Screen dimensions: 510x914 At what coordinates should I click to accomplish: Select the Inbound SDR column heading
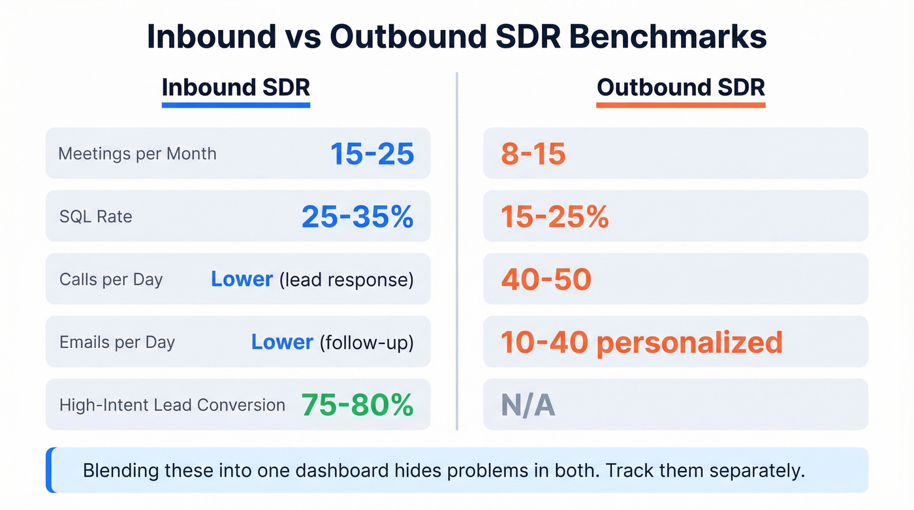tap(236, 88)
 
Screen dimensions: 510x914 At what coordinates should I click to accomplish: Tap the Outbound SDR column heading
tap(680, 88)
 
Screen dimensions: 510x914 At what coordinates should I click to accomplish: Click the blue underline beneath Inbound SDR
tap(236, 104)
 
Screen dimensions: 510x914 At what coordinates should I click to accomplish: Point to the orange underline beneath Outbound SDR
tap(680, 104)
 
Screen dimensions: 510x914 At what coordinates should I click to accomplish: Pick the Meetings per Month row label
tap(137, 154)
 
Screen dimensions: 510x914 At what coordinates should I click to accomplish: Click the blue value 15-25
tap(372, 154)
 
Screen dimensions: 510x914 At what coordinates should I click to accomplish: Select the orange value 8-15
tap(533, 154)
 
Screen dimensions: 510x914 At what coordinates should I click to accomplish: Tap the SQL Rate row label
tap(95, 217)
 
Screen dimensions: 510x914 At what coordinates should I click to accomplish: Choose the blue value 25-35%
tap(358, 217)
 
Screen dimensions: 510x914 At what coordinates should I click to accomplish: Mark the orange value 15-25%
tap(554, 217)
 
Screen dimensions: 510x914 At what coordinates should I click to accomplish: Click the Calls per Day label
tap(111, 279)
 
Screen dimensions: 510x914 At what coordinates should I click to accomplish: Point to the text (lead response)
tap(347, 280)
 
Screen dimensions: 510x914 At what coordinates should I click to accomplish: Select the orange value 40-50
tap(546, 279)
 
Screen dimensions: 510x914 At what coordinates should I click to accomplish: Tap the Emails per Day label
tap(117, 342)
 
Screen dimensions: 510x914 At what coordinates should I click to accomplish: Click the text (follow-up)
tap(366, 343)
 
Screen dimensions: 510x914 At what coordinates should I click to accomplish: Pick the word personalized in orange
tap(689, 342)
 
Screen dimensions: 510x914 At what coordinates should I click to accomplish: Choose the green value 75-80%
tap(357, 405)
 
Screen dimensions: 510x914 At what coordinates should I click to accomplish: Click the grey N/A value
tap(528, 406)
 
